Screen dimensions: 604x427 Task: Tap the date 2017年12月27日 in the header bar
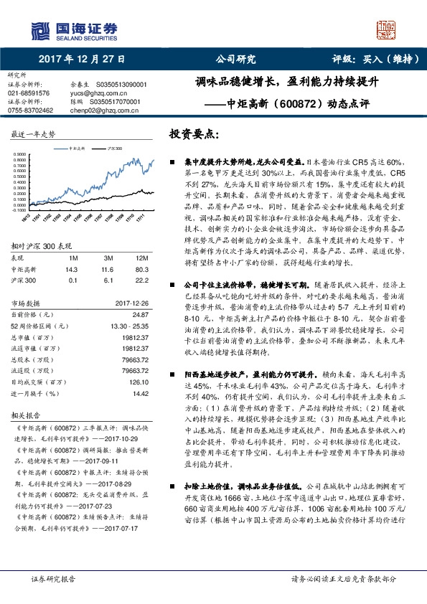click(x=82, y=60)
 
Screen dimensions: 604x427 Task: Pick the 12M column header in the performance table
click(x=142, y=258)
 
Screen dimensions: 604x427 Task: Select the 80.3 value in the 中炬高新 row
click(x=142, y=269)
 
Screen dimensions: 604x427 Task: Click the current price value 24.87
click(x=141, y=315)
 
